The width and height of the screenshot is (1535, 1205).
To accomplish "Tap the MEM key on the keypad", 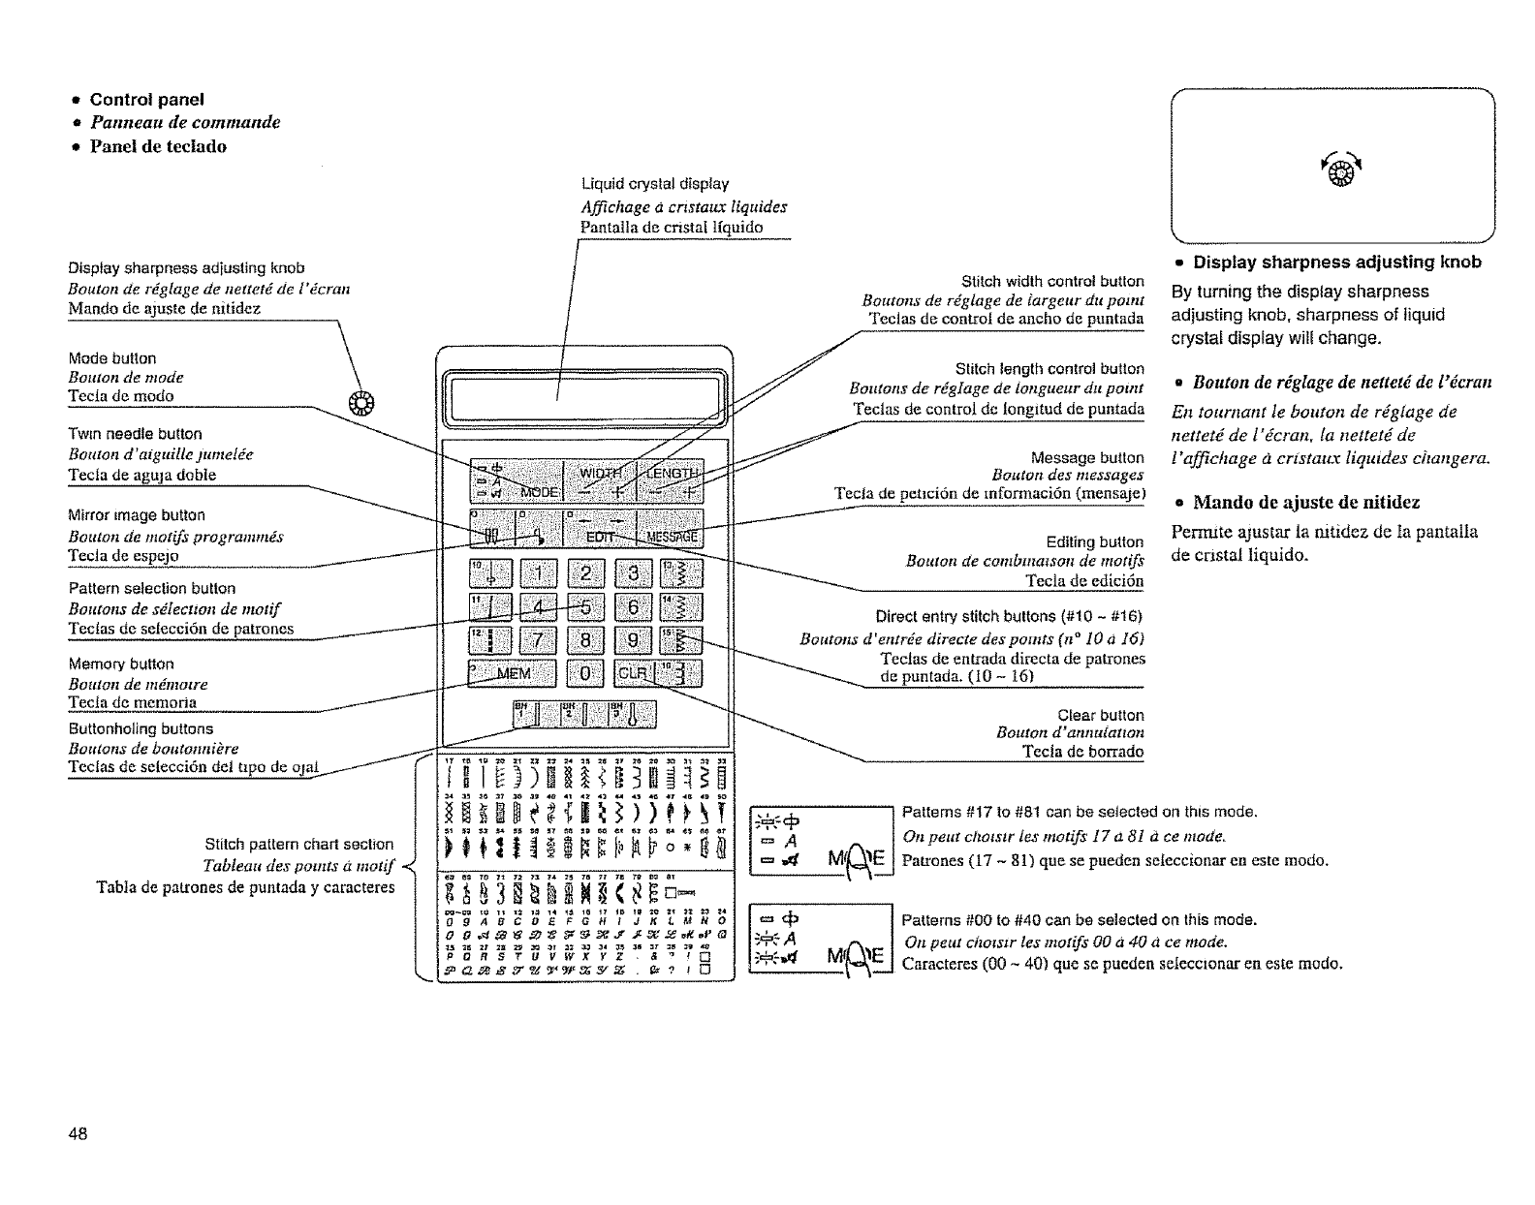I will (513, 673).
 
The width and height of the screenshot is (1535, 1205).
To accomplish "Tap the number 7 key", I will (537, 640).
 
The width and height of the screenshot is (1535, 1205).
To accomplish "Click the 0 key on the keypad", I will (584, 673).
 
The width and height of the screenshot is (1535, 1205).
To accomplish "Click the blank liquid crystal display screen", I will (584, 397).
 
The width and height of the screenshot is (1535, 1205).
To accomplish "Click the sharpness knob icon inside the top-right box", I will (1332, 178).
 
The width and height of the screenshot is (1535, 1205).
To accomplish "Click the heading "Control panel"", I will (146, 99).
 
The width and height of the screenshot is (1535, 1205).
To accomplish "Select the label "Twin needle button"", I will (135, 434).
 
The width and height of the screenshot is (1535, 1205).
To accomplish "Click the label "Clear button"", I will (1100, 715).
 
